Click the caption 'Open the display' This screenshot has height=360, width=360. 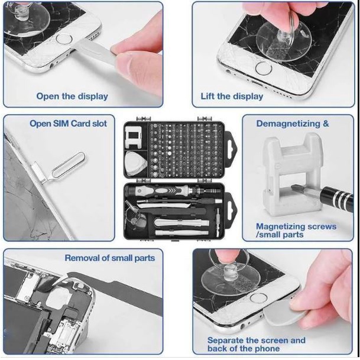[x=72, y=96]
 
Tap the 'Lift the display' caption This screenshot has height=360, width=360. [x=232, y=96]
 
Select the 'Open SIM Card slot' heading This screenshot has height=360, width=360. [x=68, y=124]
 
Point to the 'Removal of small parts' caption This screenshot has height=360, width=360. [x=110, y=258]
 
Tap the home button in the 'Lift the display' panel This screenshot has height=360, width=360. [x=264, y=68]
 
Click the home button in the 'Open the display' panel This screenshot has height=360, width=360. [x=64, y=38]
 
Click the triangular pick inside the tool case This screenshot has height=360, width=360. [x=135, y=164]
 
